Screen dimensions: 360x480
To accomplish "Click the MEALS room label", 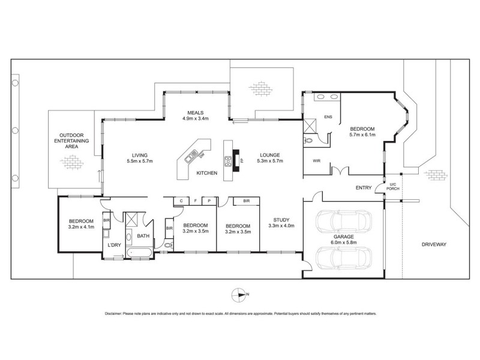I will click(196, 112).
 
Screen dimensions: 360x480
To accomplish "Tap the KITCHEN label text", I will click(206, 173).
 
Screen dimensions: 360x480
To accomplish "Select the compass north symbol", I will click(239, 294).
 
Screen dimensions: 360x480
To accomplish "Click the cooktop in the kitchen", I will click(229, 161).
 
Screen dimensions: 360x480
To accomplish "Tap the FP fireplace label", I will click(242, 161).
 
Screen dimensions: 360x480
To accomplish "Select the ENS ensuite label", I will click(328, 116).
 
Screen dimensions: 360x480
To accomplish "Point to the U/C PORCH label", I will click(394, 186).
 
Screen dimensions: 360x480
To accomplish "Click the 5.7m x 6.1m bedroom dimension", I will click(362, 135).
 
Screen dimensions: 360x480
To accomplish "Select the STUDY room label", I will click(281, 220).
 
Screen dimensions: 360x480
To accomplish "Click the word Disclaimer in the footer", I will click(116, 314).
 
